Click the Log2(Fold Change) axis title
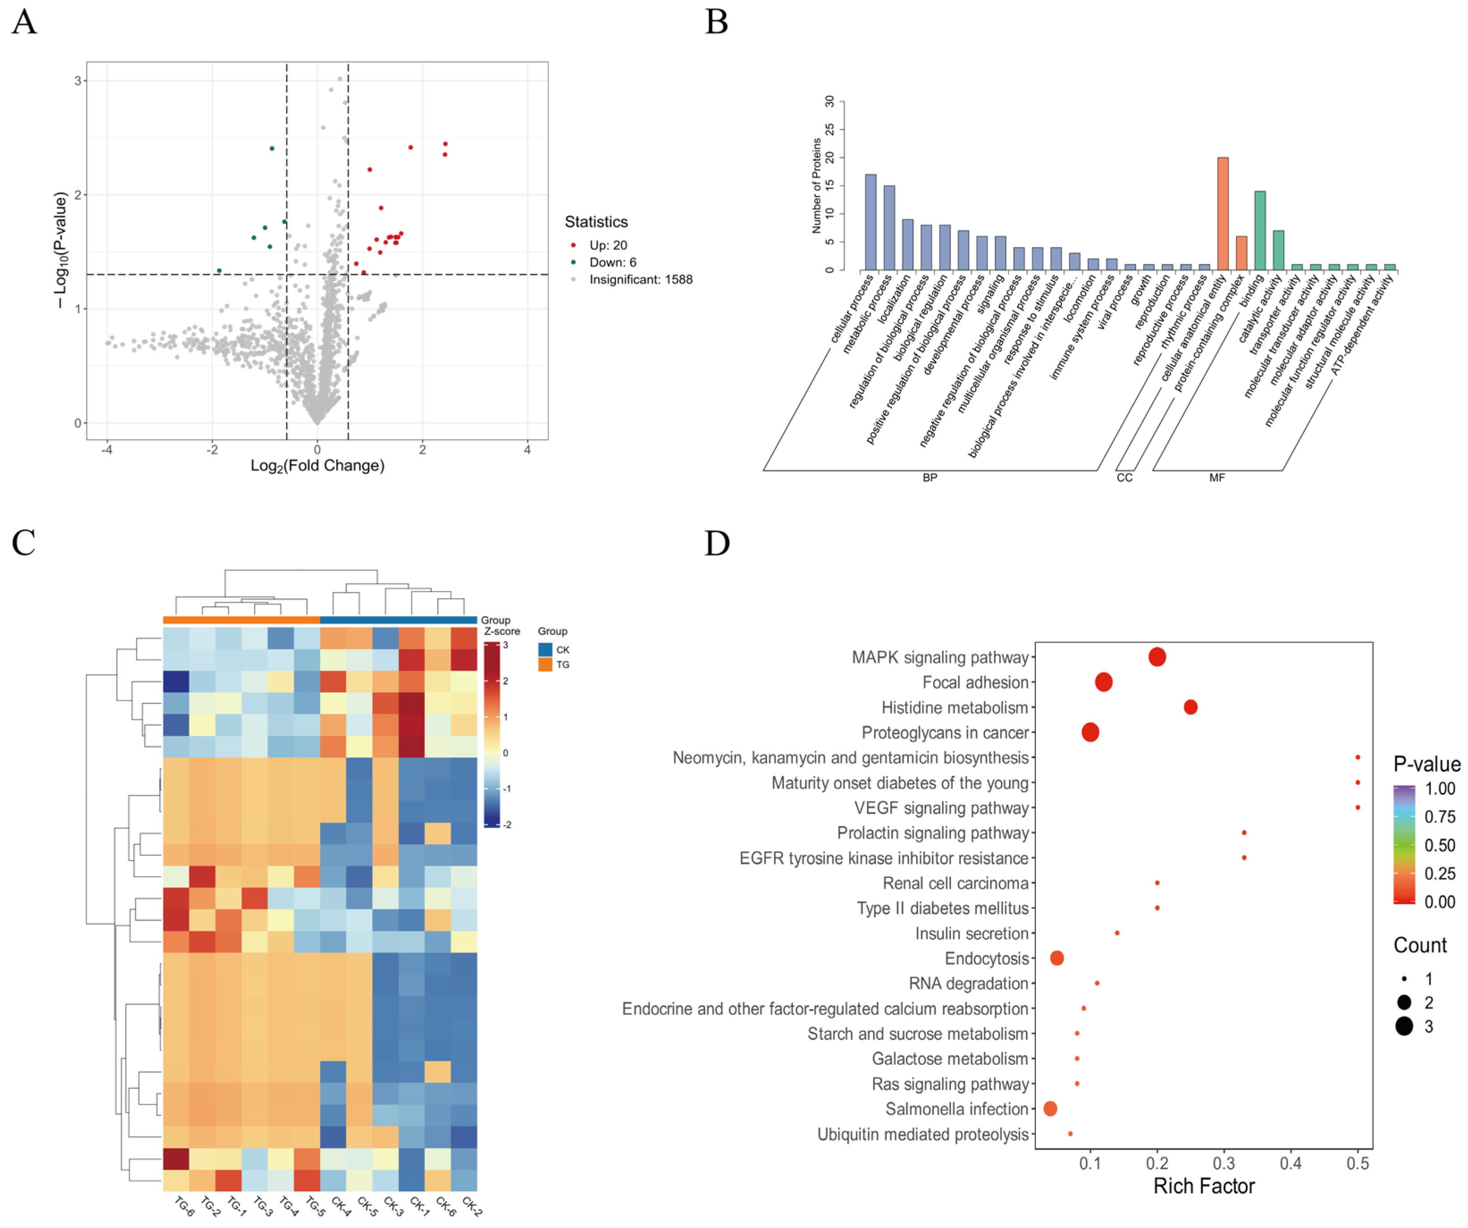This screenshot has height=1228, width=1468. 317,466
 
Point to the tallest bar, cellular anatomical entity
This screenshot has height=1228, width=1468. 1223,214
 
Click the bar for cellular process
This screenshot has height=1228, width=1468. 871,222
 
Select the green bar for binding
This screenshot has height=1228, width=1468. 1260,231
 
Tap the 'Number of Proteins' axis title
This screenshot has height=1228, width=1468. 816,185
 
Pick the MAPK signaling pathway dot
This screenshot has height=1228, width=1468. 1157,657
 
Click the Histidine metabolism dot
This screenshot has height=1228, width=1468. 1190,707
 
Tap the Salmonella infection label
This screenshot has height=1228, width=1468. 957,1109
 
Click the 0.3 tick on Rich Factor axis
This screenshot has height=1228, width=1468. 1224,1164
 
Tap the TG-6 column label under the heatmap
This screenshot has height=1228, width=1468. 184,1207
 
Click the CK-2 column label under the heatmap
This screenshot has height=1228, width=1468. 472,1207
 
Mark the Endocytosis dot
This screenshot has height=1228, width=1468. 1057,958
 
